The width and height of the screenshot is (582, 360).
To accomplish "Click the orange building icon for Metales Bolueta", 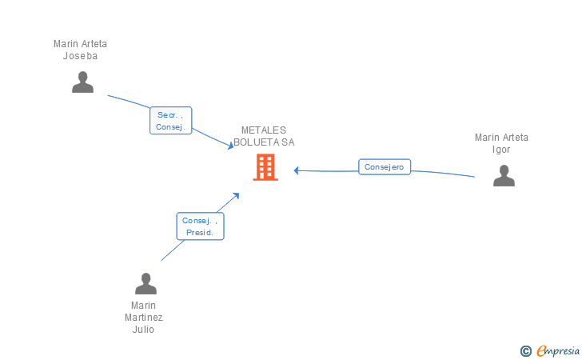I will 265,167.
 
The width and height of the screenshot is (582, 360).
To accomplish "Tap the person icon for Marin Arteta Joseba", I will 82,82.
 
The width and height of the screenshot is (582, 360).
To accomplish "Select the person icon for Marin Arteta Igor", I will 504,175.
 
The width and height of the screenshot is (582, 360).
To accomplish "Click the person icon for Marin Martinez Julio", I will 145,284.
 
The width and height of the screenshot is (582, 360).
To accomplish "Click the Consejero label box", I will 385,167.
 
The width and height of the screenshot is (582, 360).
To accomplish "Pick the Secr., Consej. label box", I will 171,121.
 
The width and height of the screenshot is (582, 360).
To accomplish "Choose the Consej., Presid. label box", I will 200,226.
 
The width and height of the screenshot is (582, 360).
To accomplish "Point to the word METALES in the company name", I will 264,130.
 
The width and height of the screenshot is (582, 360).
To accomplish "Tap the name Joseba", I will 80,56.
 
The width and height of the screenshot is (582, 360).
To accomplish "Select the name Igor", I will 501,150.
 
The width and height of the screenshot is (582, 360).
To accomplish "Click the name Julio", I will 143,330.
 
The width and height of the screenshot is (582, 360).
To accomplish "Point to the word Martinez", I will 144,318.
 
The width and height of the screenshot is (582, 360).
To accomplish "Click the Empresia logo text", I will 558,350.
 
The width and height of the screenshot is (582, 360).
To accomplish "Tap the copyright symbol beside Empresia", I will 526,350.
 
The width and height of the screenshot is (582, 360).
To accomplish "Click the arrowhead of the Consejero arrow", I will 296,170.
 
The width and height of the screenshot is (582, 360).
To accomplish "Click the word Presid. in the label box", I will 200,233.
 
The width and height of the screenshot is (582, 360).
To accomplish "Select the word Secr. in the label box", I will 167,115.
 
